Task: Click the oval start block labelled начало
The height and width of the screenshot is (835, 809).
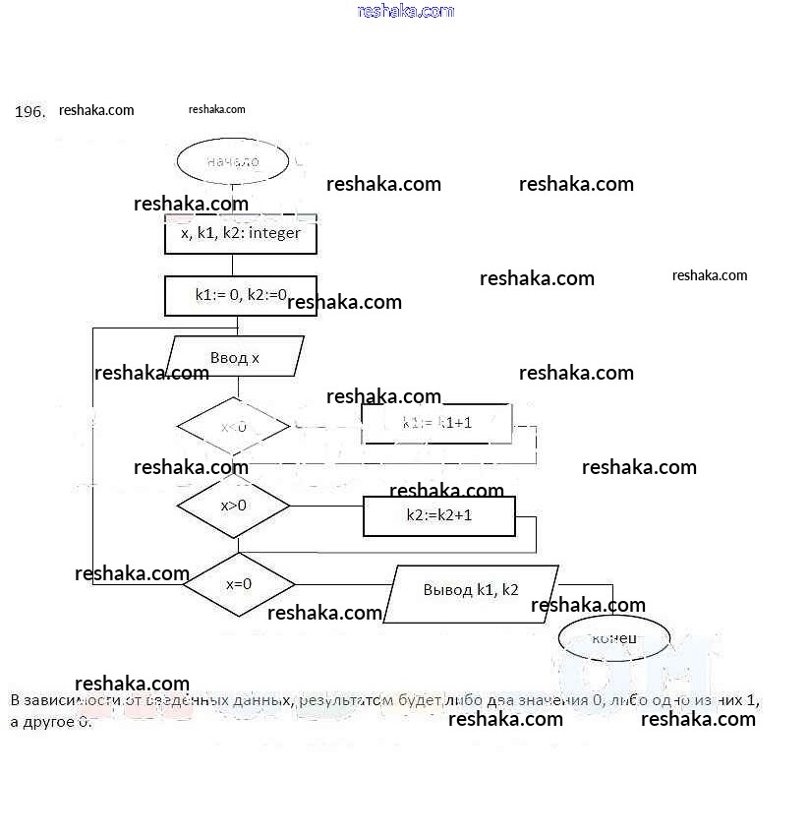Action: point(233,162)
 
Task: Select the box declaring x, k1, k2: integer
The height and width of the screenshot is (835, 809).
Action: point(240,234)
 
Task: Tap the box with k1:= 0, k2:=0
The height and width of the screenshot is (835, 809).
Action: point(240,295)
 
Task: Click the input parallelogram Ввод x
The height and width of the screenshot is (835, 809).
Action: point(235,357)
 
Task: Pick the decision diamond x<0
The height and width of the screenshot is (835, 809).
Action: point(233,427)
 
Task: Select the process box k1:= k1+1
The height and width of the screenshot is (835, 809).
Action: point(436,424)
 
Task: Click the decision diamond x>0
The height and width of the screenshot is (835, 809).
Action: point(233,506)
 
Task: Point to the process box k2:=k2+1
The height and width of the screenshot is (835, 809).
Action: point(438,514)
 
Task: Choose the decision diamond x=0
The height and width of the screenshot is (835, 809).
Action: point(239,583)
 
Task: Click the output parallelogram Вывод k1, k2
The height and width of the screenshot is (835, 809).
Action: point(471,591)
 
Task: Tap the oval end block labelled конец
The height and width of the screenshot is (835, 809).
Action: point(613,639)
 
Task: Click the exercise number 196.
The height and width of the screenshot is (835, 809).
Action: point(29,112)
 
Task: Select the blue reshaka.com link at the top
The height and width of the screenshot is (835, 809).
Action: point(406,11)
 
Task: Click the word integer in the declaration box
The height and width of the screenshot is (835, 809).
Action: point(274,234)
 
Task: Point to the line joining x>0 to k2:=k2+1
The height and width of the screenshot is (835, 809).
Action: point(326,507)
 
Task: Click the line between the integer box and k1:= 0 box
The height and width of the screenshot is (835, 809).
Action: point(233,265)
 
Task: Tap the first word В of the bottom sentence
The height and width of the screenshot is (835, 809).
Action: point(15,700)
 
